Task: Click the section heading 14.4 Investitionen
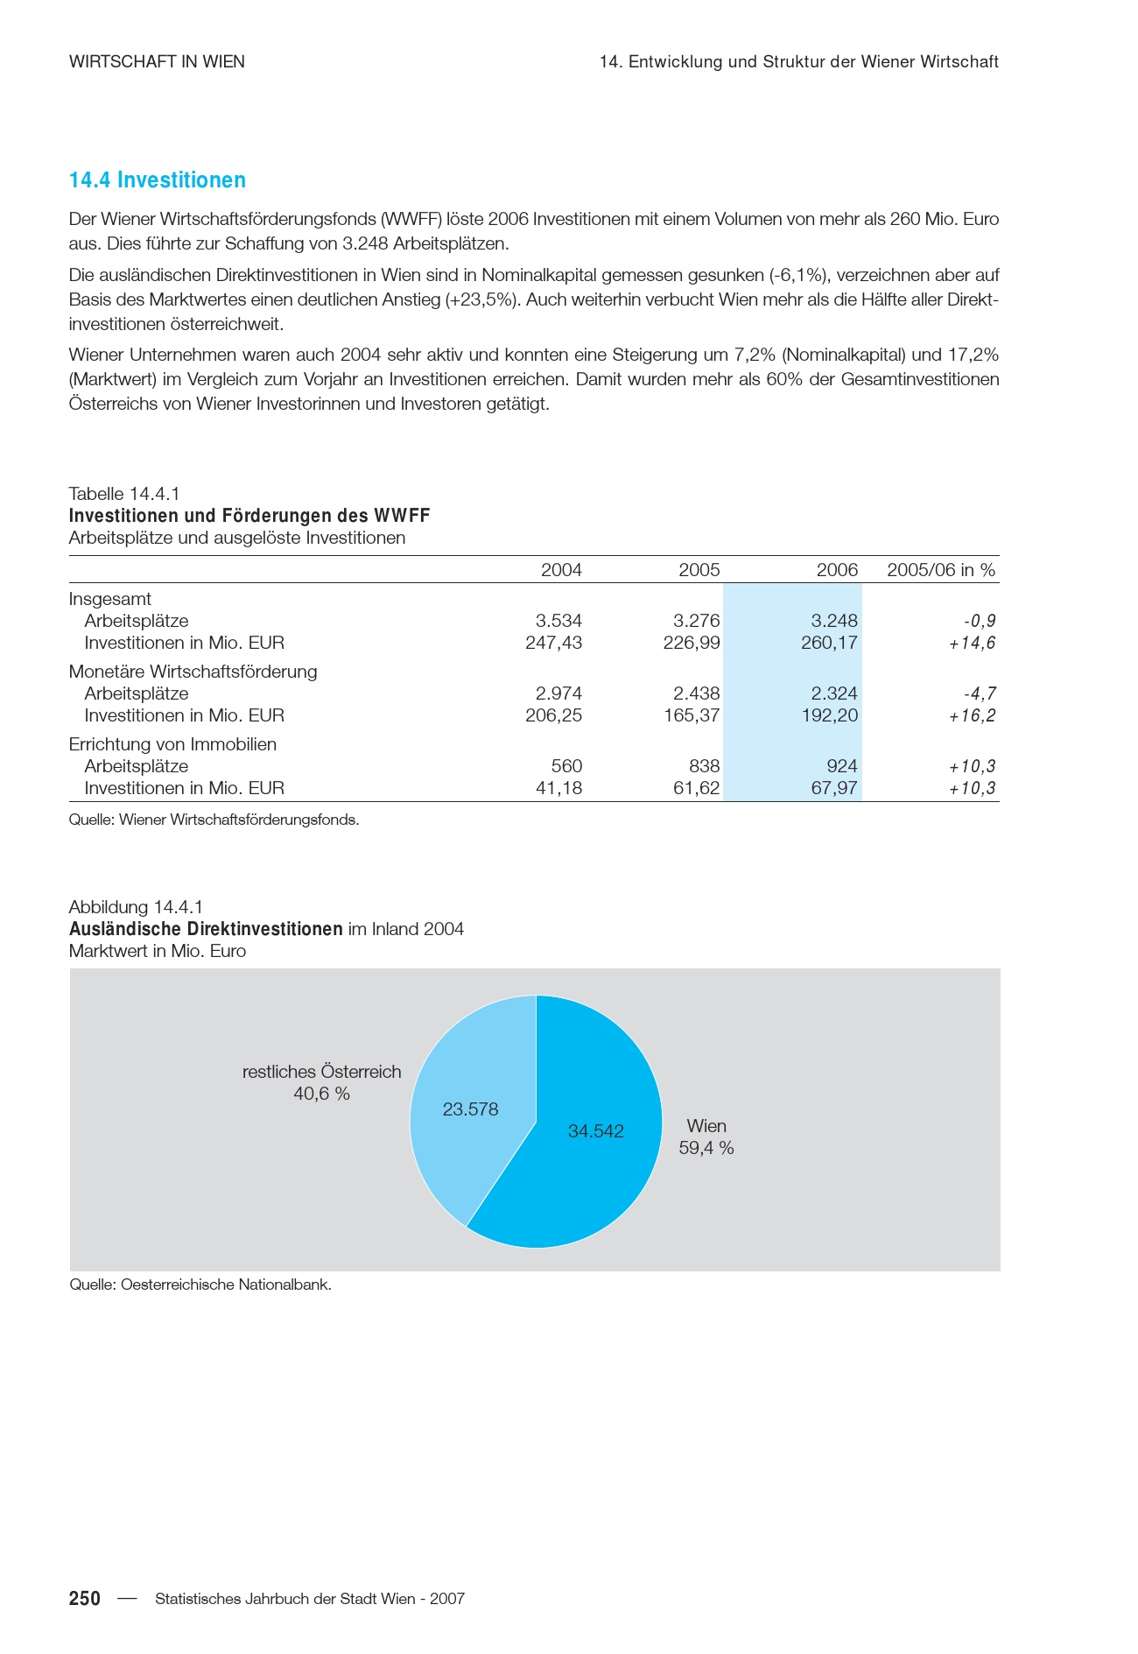point(158,180)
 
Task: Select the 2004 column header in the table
point(561,570)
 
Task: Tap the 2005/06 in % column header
point(941,570)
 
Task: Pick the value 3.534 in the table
point(558,621)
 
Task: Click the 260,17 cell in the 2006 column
point(829,643)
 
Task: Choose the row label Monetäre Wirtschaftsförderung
point(193,672)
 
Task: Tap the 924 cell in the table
point(842,766)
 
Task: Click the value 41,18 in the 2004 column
point(558,788)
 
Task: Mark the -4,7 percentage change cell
point(980,693)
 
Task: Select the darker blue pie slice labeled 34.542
point(595,1173)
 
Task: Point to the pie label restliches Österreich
point(321,1072)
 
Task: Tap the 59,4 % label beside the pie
point(706,1148)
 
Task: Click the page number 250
point(85,1599)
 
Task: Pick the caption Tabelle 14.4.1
point(124,494)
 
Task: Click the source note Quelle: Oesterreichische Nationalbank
point(200,1284)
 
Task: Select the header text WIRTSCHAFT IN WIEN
point(157,62)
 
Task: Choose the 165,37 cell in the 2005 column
point(692,715)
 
